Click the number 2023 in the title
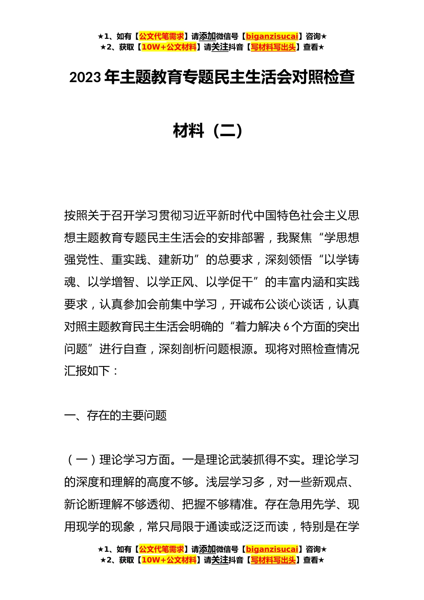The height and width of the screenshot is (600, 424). pos(85,78)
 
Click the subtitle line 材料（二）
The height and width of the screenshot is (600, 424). pos(208,131)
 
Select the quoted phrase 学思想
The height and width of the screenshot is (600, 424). pos(341,238)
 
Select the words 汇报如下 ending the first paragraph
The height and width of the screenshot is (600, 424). pos(87,371)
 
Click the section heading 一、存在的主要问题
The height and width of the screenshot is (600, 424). pos(116,416)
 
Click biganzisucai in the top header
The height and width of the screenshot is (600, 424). pos(272,37)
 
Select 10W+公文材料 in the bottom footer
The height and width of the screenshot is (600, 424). pos(169,560)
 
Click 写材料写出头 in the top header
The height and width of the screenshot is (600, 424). pos(273,47)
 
